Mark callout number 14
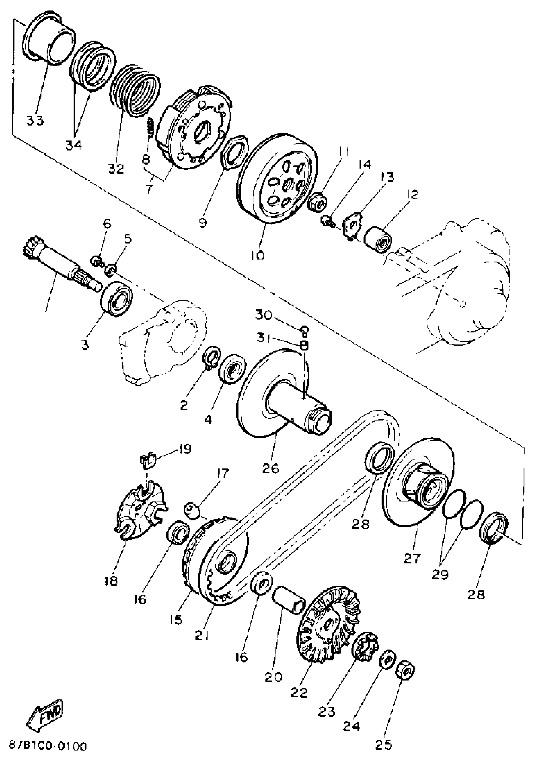click(364, 165)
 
